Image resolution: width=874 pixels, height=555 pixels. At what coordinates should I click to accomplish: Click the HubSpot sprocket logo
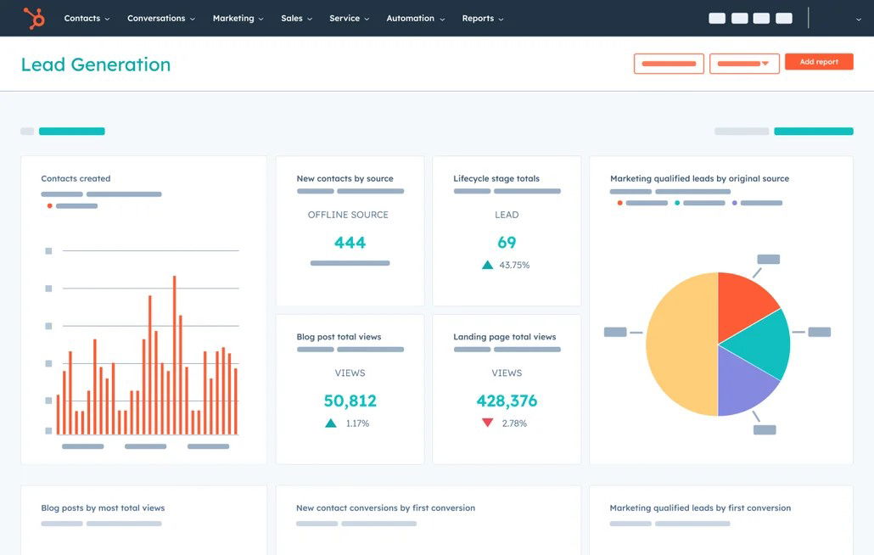34,18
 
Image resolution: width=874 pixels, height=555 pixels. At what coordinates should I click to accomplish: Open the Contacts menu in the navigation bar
87,18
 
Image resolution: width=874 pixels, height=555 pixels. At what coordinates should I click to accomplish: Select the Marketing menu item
238,18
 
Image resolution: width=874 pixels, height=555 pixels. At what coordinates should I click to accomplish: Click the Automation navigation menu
415,18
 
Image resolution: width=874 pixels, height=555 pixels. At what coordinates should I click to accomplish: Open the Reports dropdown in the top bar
482,18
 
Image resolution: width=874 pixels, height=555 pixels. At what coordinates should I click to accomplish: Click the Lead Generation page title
96,64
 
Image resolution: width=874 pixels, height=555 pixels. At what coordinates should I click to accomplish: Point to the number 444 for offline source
350,243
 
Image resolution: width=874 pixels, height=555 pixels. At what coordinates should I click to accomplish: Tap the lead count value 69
507,243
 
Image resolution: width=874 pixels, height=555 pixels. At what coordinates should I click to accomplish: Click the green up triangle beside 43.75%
488,265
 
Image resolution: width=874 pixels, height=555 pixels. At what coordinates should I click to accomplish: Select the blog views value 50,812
350,401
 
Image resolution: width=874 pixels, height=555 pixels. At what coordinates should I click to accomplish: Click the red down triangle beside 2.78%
488,423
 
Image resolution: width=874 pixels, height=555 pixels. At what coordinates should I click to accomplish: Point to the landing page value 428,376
507,401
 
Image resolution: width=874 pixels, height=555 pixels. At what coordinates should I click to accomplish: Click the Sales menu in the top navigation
296,18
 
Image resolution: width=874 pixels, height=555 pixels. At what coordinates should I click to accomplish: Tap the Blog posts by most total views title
103,508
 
